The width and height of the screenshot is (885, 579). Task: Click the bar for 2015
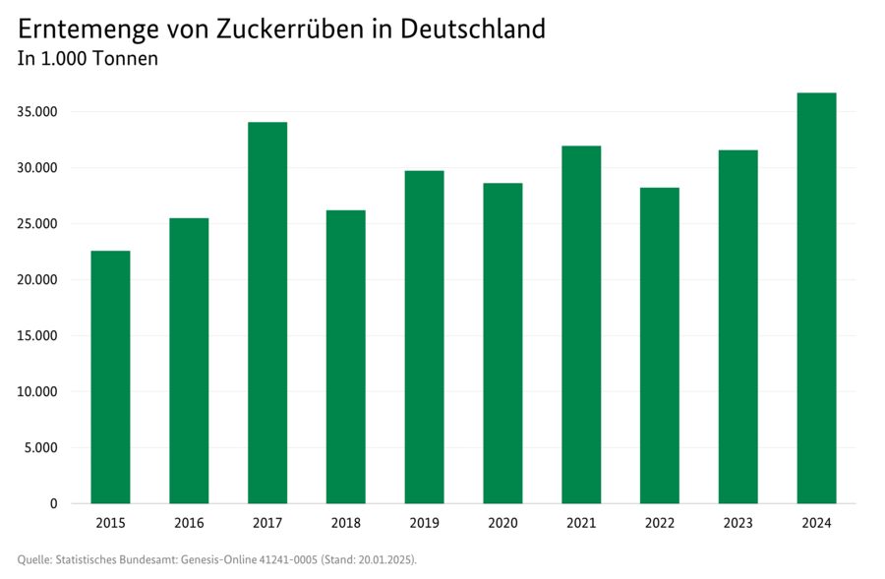[110, 377]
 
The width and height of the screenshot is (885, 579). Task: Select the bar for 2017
[267, 313]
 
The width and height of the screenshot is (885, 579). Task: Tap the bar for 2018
[345, 357]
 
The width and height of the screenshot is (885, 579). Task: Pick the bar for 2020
[502, 343]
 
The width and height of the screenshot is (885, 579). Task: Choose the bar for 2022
[660, 345]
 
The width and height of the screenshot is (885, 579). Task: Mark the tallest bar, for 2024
[816, 298]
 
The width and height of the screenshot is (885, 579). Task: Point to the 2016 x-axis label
[189, 523]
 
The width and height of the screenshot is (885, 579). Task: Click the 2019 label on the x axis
[424, 523]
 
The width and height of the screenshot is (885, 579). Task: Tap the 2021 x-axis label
[581, 523]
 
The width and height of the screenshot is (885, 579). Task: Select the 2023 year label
[737, 523]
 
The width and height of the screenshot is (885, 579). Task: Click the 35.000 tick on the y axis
[37, 112]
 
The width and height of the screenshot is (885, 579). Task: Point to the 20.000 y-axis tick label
[37, 280]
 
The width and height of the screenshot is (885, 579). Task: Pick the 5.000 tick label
[41, 448]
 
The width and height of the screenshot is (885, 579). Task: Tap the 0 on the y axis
[53, 504]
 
